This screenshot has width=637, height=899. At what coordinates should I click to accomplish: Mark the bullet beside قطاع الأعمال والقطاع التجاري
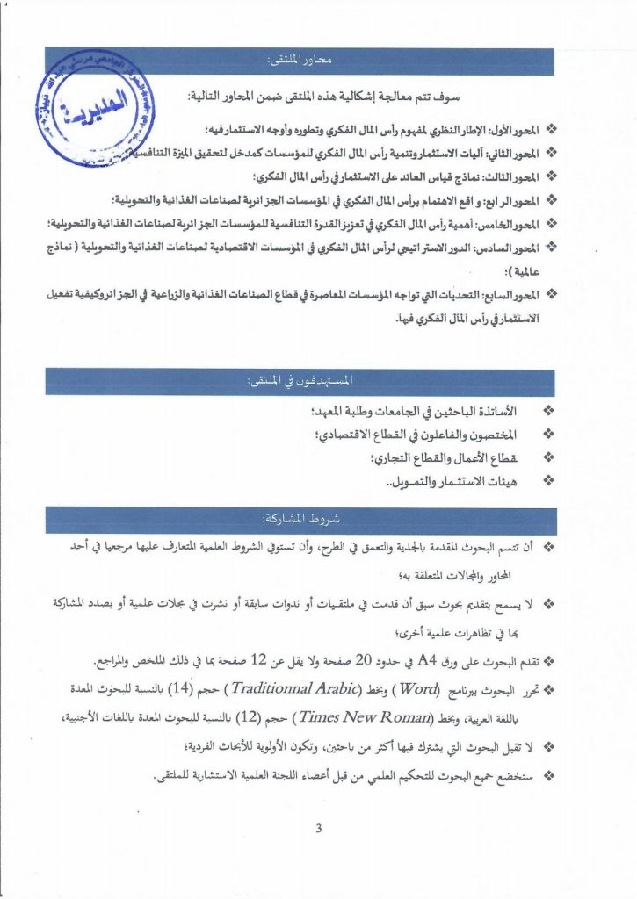[x=549, y=457]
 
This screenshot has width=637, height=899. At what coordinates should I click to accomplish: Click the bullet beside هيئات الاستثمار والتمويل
[x=549, y=480]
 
